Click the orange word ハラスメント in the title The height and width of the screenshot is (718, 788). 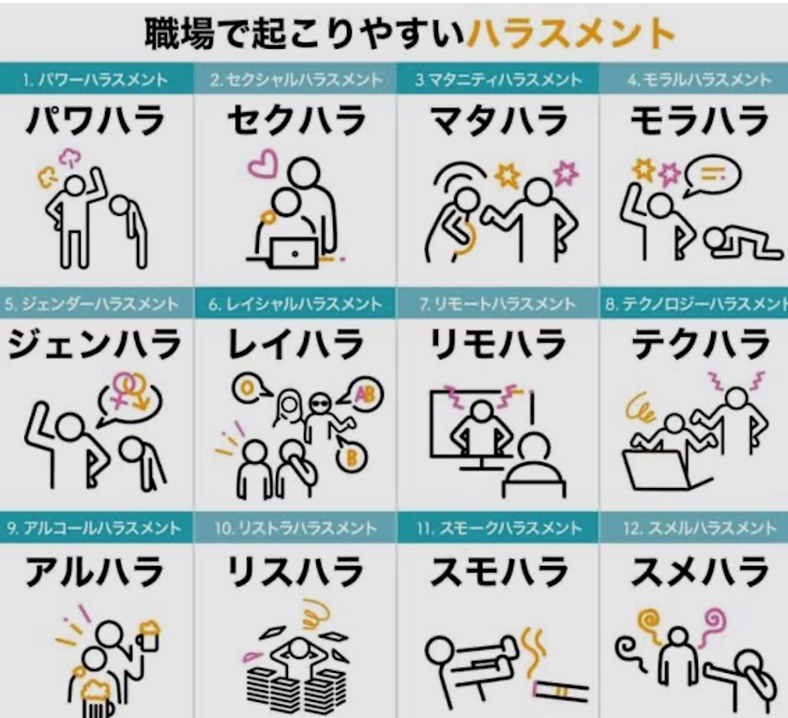click(x=570, y=33)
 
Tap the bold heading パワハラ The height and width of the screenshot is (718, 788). click(x=96, y=121)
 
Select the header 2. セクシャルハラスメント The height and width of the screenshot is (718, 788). click(x=296, y=80)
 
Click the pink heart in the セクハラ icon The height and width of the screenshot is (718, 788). click(x=263, y=163)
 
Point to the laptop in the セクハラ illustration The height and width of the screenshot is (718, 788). click(x=295, y=252)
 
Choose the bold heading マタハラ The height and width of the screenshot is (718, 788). click(x=499, y=121)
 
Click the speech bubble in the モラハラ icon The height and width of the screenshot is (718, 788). click(x=713, y=176)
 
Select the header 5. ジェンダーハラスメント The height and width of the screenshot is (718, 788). click(x=92, y=304)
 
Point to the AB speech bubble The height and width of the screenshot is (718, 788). click(x=364, y=395)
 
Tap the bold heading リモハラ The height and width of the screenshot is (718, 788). click(x=499, y=344)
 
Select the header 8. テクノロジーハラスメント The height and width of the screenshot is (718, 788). click(x=696, y=304)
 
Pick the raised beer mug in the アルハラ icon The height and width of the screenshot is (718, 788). click(x=148, y=635)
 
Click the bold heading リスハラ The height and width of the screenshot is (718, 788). click(x=295, y=572)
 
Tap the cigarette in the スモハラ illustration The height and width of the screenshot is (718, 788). click(x=561, y=691)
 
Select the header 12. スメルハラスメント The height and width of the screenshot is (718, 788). click(x=700, y=527)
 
